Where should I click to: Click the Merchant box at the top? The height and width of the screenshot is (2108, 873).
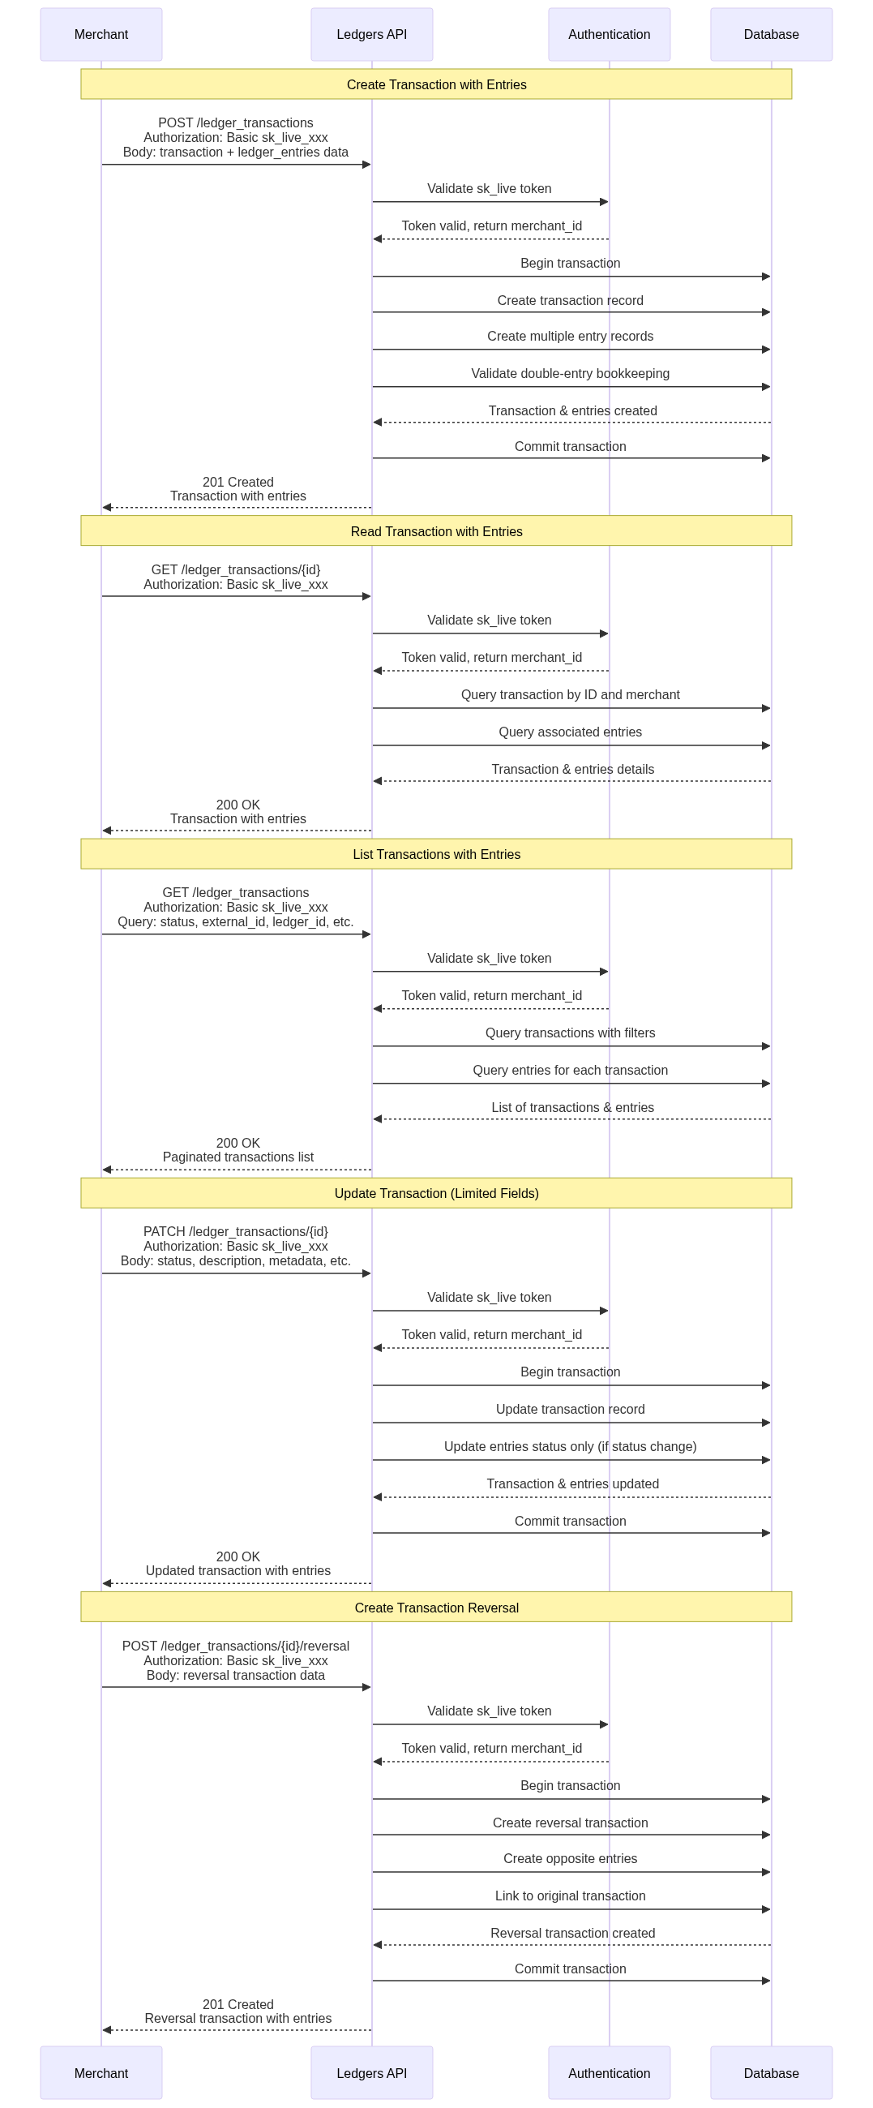pos(101,34)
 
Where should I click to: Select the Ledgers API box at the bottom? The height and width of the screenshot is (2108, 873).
pos(371,2073)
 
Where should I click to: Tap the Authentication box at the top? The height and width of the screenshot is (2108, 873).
pos(609,34)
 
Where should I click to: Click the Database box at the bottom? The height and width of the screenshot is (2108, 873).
pos(771,2073)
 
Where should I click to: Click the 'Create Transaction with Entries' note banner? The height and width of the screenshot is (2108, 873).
pos(436,84)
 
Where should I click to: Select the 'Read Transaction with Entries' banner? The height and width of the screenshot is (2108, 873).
pos(436,531)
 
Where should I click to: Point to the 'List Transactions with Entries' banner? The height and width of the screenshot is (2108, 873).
pos(436,854)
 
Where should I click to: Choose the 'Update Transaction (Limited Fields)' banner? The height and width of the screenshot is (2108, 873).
pos(436,1193)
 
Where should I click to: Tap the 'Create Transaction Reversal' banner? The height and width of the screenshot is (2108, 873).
pos(436,1608)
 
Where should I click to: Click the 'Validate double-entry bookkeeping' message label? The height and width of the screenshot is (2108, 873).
pos(571,374)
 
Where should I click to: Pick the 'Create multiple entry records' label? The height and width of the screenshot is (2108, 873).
pos(571,337)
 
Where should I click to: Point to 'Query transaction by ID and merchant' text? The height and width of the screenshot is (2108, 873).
pos(571,695)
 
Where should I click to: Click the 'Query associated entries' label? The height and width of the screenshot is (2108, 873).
pos(571,732)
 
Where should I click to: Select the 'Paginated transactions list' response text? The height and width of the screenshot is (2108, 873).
pos(238,1157)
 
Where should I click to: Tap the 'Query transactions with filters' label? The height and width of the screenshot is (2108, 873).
pos(571,1033)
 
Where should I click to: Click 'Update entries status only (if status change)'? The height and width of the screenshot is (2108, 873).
pos(571,1447)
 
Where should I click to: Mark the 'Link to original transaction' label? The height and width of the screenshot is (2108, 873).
pos(571,1896)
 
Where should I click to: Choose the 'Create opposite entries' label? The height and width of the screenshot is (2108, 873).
pos(571,1858)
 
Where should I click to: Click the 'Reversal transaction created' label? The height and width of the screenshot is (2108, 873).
pos(573,1933)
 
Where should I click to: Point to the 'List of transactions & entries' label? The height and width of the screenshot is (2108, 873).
pos(573,1107)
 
